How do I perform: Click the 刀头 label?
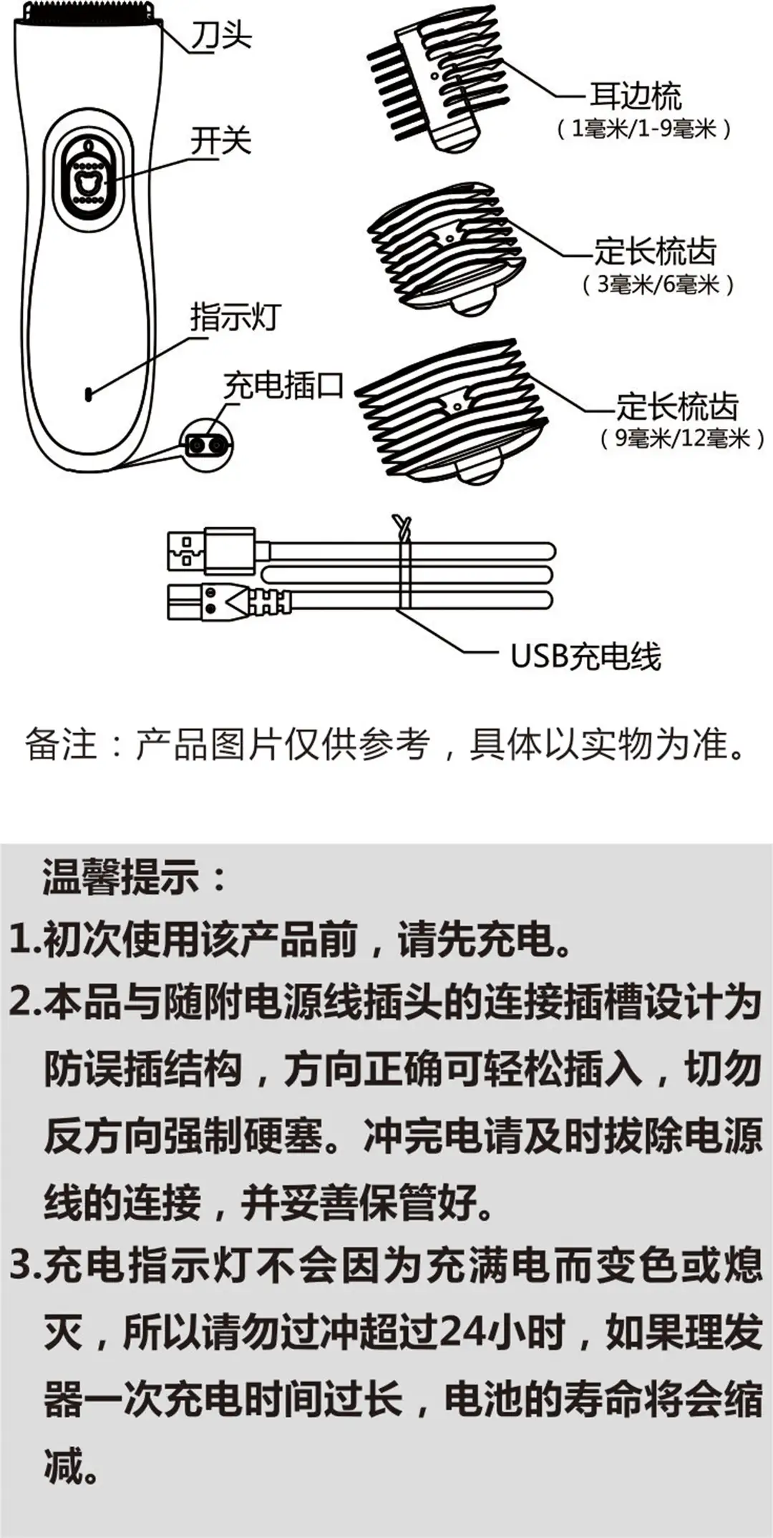coord(221,33)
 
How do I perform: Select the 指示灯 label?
coord(236,317)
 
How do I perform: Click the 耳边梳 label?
coord(635,95)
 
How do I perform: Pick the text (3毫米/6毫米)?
coord(658,284)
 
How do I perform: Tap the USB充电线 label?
coord(585,656)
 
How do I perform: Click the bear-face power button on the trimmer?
coord(88,185)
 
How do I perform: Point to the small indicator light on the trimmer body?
coord(89,393)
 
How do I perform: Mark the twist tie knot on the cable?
coord(402,529)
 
